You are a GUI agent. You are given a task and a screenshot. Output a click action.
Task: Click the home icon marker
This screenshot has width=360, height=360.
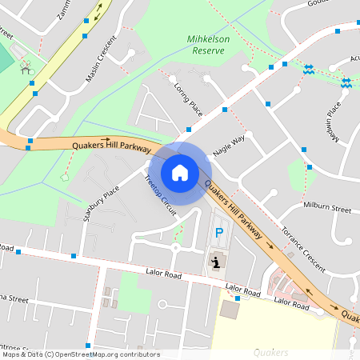180,171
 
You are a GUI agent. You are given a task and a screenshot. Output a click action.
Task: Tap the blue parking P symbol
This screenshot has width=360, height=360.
218,233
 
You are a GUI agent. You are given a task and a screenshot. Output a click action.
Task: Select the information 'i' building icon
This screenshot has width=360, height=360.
216,261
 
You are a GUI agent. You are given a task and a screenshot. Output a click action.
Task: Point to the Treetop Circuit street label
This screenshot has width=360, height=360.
159,194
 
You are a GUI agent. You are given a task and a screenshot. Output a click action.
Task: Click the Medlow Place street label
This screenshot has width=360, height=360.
333,121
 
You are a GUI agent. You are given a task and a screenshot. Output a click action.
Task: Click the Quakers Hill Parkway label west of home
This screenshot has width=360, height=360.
111,146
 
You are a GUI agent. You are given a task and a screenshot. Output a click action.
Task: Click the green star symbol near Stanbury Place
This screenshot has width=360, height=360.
65,178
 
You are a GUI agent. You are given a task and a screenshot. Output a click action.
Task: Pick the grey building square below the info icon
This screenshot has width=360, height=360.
230,310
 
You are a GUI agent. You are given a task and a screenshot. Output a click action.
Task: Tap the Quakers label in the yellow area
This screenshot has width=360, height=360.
270,352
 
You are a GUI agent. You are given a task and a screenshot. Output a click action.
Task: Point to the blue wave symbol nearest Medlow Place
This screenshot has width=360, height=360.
346,82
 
